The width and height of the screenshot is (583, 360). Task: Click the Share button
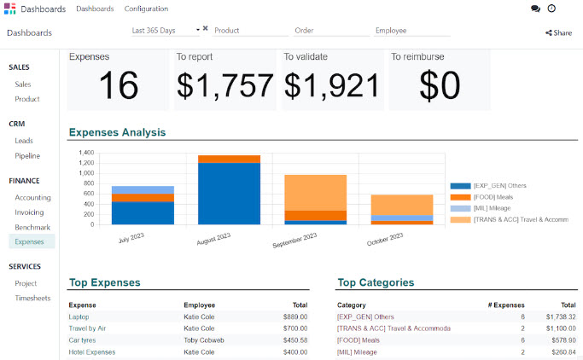click(558, 33)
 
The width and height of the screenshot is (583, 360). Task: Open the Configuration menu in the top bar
click(146, 9)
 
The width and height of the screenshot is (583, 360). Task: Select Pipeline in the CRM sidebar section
click(27, 156)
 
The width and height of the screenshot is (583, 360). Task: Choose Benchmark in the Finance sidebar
click(32, 228)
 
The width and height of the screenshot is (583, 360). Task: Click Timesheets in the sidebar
click(33, 299)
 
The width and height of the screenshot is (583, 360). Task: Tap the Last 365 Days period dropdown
click(165, 30)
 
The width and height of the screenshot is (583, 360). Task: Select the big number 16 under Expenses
click(118, 85)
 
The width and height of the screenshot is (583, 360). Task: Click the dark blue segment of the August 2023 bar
click(229, 194)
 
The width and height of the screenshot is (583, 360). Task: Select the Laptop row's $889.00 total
click(295, 316)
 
